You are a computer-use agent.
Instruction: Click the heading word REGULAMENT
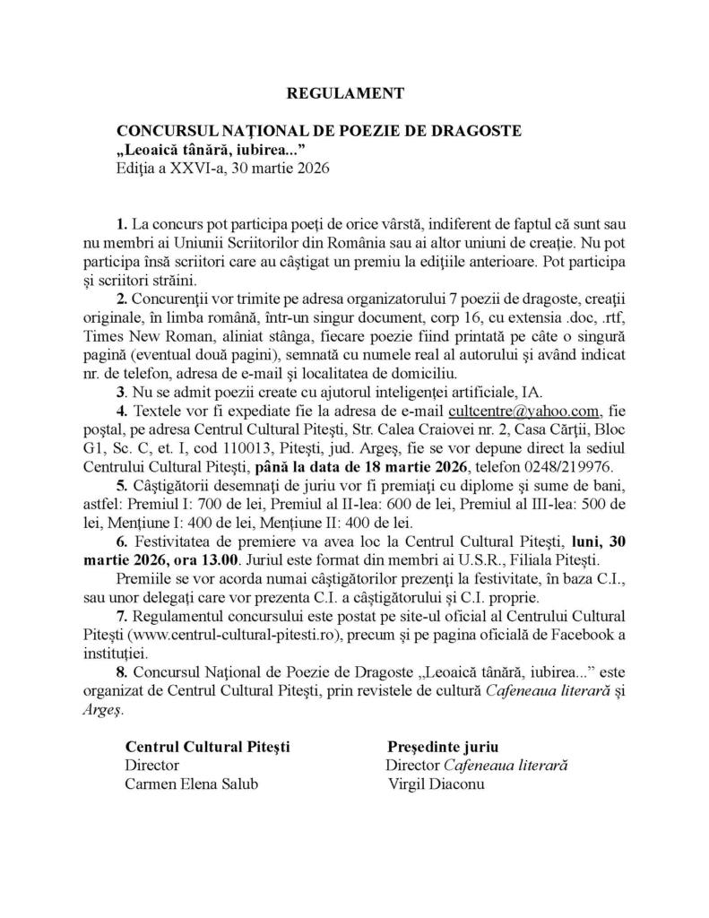(x=345, y=92)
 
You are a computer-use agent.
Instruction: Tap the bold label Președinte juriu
(x=443, y=746)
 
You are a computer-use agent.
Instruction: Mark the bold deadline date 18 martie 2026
(x=395, y=467)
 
